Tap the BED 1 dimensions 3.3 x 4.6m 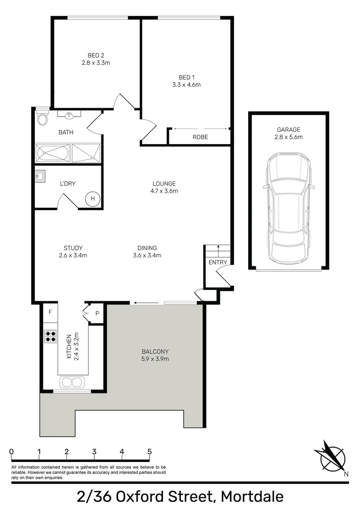(x=186, y=85)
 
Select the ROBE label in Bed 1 (x=200, y=137)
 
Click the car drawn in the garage (x=288, y=210)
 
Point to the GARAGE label (x=289, y=129)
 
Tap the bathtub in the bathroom (x=52, y=153)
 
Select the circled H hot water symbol (x=92, y=199)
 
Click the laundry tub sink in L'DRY (x=40, y=177)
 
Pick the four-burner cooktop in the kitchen (x=50, y=336)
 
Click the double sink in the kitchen (x=72, y=382)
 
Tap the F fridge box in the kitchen (x=50, y=312)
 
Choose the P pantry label (x=97, y=313)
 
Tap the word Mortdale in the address (x=252, y=497)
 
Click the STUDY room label (x=73, y=248)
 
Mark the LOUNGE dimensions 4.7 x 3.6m (x=164, y=191)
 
